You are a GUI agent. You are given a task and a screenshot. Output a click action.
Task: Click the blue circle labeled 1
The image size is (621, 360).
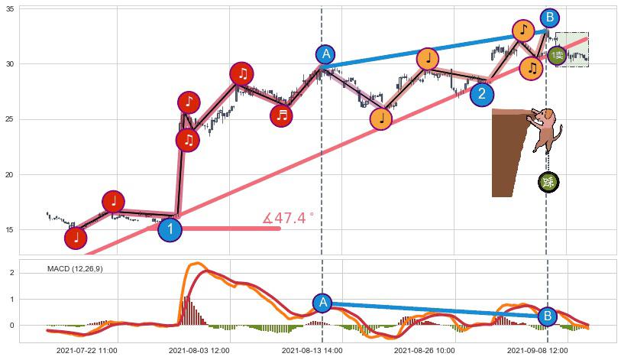point(170,229)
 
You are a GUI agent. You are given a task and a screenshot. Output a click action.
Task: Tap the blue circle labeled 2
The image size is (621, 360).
point(481,94)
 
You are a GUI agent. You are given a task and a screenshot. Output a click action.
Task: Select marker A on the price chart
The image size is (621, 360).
point(325,54)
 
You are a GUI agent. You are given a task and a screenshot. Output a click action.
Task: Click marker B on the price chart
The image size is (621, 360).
point(549,18)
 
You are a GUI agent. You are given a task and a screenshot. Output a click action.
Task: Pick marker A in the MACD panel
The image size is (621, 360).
point(323,303)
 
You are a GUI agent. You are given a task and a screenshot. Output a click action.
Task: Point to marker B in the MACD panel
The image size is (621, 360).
point(547,316)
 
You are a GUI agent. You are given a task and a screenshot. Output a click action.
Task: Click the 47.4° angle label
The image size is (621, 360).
point(288,219)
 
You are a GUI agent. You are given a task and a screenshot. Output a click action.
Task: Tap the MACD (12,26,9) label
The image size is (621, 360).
point(75,269)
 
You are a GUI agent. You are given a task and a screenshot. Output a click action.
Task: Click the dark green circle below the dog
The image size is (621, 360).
point(548,182)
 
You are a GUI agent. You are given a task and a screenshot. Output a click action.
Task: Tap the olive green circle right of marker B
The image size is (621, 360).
point(558,55)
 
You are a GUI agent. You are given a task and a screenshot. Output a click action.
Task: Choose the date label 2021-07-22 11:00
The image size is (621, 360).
point(86,351)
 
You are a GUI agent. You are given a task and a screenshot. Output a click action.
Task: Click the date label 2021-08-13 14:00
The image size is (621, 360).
point(312,351)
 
